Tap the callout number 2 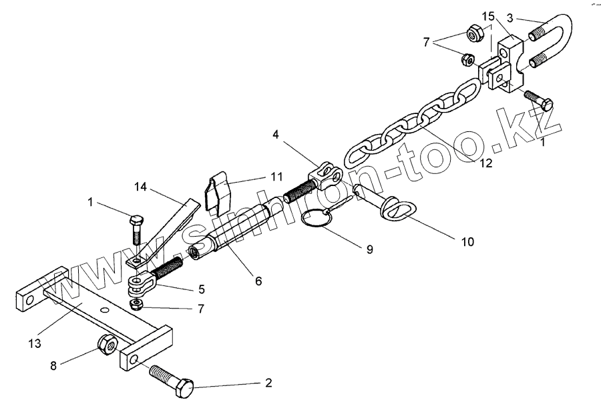coord(268,383)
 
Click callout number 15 coord(489,15)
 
